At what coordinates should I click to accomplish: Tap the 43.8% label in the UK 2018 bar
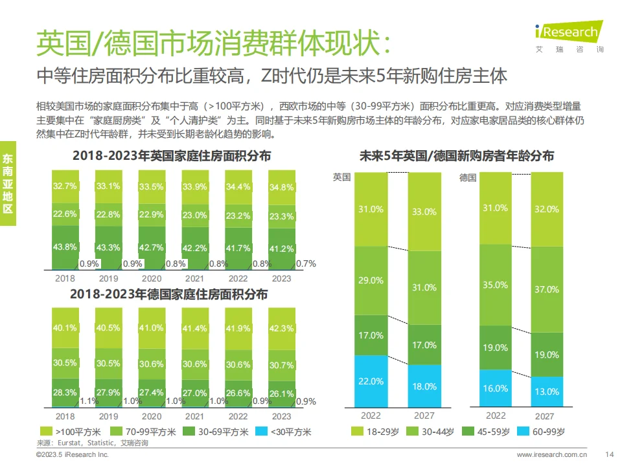(x=65, y=247)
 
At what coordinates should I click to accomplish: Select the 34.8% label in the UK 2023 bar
(x=281, y=187)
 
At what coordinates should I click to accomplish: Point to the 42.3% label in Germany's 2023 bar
(x=281, y=328)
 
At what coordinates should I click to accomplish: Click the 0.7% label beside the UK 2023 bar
(x=306, y=263)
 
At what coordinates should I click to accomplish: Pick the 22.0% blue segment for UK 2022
(x=371, y=381)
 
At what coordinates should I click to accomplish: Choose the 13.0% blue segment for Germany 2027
(x=547, y=392)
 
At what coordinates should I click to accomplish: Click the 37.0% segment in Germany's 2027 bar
(x=547, y=289)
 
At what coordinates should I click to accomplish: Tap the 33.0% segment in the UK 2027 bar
(x=424, y=212)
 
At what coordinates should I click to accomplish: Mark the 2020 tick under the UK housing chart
(x=152, y=278)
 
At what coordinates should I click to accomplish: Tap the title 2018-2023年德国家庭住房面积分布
(x=170, y=294)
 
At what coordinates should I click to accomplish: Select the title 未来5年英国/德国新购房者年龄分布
(x=457, y=156)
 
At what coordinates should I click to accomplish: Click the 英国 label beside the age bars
(x=341, y=177)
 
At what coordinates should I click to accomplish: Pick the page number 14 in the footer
(x=608, y=455)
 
